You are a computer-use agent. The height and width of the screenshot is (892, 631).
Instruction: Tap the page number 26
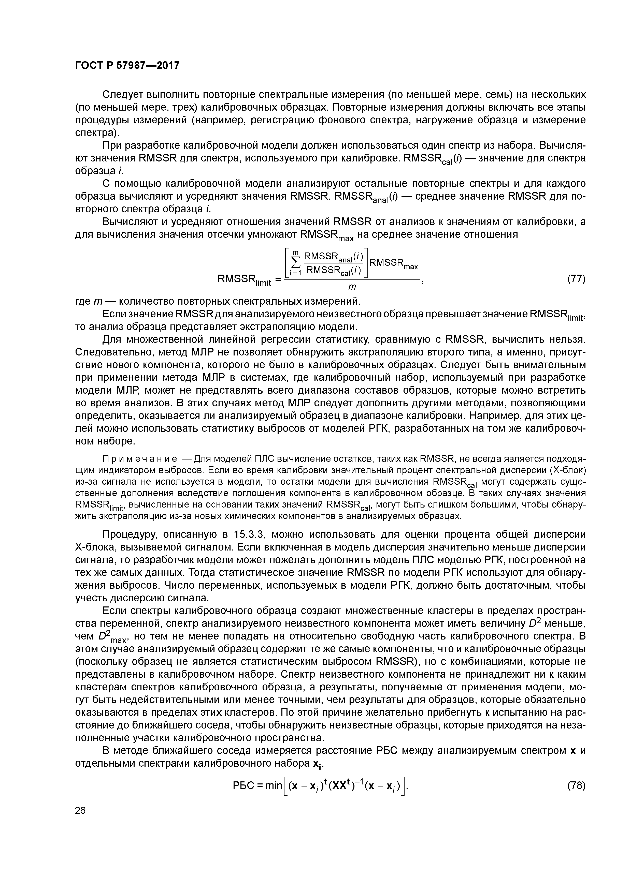80,811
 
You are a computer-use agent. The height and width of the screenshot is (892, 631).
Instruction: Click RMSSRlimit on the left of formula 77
244,280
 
